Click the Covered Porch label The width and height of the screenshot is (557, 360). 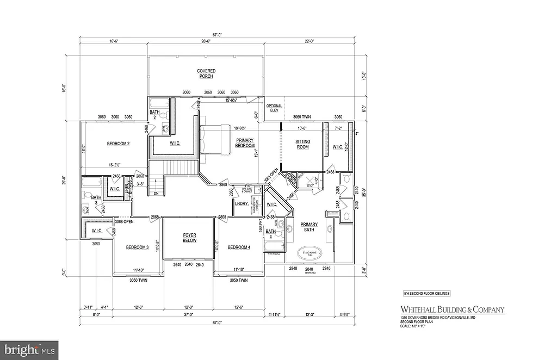pyautogui.click(x=206, y=73)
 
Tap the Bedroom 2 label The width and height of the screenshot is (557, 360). pyautogui.click(x=118, y=144)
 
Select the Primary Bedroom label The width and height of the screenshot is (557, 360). pyautogui.click(x=245, y=143)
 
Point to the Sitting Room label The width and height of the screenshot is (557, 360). pyautogui.click(x=302, y=144)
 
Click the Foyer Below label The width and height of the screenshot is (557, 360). pyautogui.click(x=189, y=238)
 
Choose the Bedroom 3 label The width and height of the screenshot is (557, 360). pyautogui.click(x=137, y=247)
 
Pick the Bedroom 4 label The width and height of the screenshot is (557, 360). pyautogui.click(x=239, y=247)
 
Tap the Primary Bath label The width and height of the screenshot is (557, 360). pyautogui.click(x=310, y=227)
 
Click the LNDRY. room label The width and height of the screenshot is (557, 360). pyautogui.click(x=241, y=203)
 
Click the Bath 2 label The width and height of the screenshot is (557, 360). pyautogui.click(x=154, y=115)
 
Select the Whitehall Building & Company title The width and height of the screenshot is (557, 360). pyautogui.click(x=449, y=310)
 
